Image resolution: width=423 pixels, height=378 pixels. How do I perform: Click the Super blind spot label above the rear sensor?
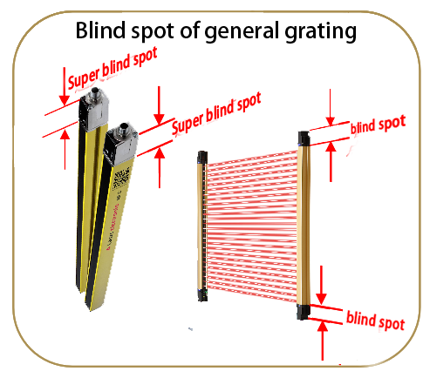point(113,68)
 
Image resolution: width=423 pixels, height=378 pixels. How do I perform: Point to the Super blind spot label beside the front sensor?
point(216,114)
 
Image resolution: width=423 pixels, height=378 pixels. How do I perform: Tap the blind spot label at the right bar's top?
point(378,125)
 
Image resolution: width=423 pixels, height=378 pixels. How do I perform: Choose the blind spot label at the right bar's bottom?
point(375,321)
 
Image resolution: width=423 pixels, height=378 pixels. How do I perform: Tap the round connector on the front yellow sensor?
point(124,127)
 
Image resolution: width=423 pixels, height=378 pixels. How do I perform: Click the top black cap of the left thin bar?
point(202,157)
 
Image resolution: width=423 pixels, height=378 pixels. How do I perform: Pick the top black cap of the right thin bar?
point(304,138)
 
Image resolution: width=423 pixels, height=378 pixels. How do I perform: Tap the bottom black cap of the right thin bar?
point(303,312)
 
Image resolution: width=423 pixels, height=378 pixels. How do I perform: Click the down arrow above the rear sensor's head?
point(65,86)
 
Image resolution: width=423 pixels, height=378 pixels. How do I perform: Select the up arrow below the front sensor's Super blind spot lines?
point(160,167)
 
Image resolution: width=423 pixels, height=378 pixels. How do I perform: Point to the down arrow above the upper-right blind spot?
point(331,107)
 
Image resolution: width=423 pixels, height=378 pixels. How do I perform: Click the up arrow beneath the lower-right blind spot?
point(322,341)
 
